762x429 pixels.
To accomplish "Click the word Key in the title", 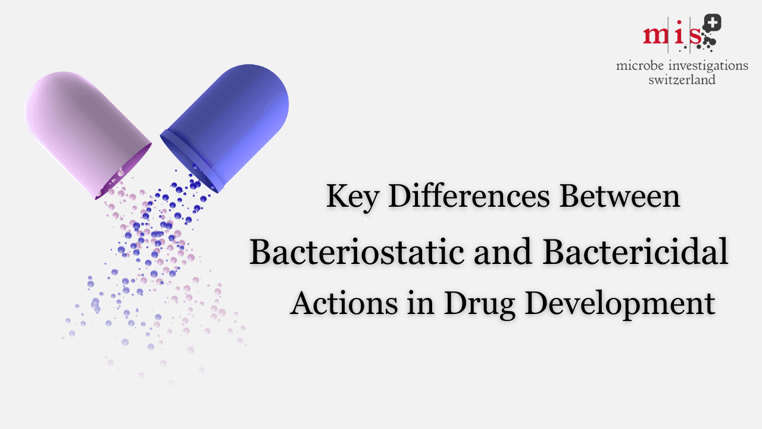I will point(351,197).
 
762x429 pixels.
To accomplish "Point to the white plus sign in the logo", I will point(712,23).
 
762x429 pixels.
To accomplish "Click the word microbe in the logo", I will point(640,66).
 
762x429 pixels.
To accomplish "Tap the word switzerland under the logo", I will point(682,79).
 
